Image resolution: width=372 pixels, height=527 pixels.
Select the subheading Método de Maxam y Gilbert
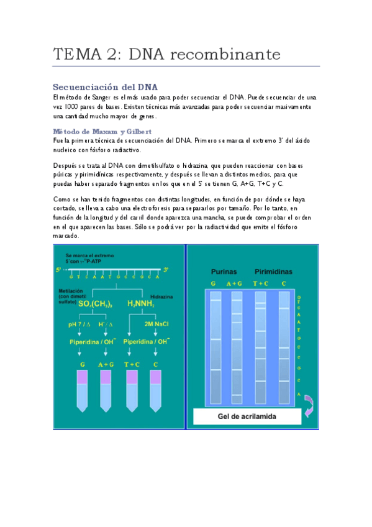(102, 132)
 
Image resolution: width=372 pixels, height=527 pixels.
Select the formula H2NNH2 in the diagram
(140, 305)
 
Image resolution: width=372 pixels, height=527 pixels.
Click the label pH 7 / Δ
(81, 324)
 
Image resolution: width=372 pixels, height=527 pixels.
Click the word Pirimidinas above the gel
(274, 272)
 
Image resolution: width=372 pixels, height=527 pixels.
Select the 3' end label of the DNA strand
(166, 270)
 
